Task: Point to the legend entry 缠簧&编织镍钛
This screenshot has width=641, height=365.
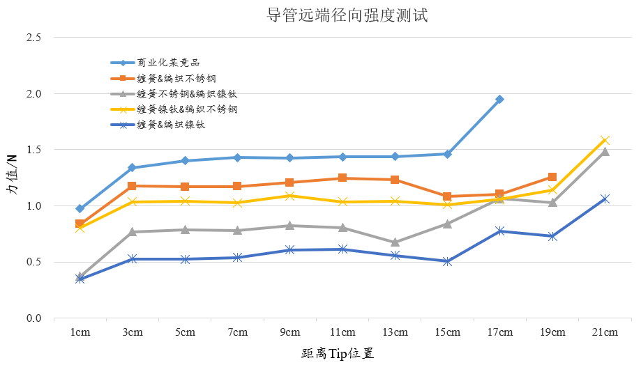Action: pyautogui.click(x=170, y=125)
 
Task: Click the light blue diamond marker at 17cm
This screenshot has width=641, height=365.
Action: pyautogui.click(x=499, y=100)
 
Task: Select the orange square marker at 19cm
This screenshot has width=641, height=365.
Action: pyautogui.click(x=552, y=177)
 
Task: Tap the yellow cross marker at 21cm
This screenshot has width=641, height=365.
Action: pyautogui.click(x=605, y=141)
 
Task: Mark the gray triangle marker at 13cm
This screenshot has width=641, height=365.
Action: pyautogui.click(x=395, y=242)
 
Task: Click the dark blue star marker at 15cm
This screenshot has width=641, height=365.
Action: pyautogui.click(x=447, y=262)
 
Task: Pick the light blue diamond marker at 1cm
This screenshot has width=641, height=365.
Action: pyautogui.click(x=80, y=208)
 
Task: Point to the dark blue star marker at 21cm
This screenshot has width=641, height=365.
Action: pyautogui.click(x=605, y=199)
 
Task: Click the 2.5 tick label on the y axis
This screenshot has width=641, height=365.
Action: pyautogui.click(x=33, y=37)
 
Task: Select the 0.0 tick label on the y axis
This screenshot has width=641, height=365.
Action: pyautogui.click(x=33, y=318)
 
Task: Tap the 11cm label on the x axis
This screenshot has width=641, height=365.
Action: pyautogui.click(x=342, y=332)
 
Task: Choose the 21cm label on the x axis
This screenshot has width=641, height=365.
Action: pyautogui.click(x=605, y=332)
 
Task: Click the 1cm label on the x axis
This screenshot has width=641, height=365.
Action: pyautogui.click(x=80, y=332)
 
